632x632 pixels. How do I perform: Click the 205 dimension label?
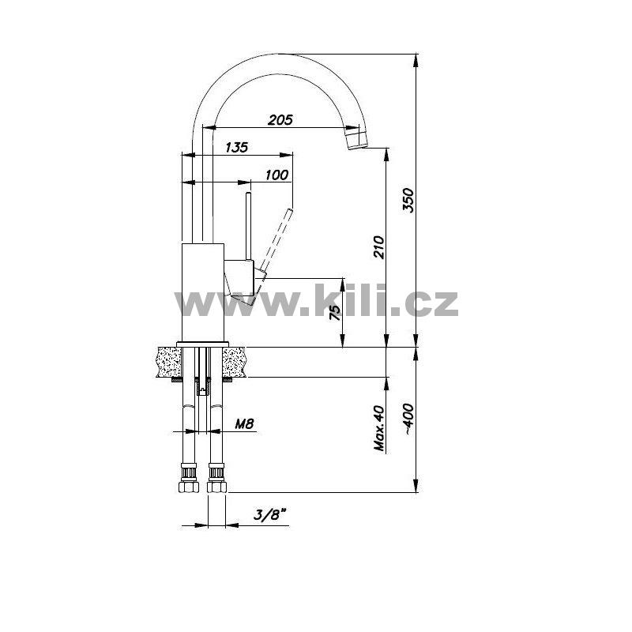click(280, 120)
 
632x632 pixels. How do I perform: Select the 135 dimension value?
click(236, 147)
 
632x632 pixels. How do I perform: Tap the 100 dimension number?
click(277, 175)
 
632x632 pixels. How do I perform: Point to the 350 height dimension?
click(408, 200)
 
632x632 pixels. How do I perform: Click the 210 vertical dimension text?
click(379, 246)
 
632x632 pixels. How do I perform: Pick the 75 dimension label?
click(335, 312)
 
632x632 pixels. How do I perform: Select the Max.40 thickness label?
click(380, 427)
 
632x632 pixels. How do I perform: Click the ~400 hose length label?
click(408, 419)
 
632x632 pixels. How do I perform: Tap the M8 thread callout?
click(244, 423)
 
